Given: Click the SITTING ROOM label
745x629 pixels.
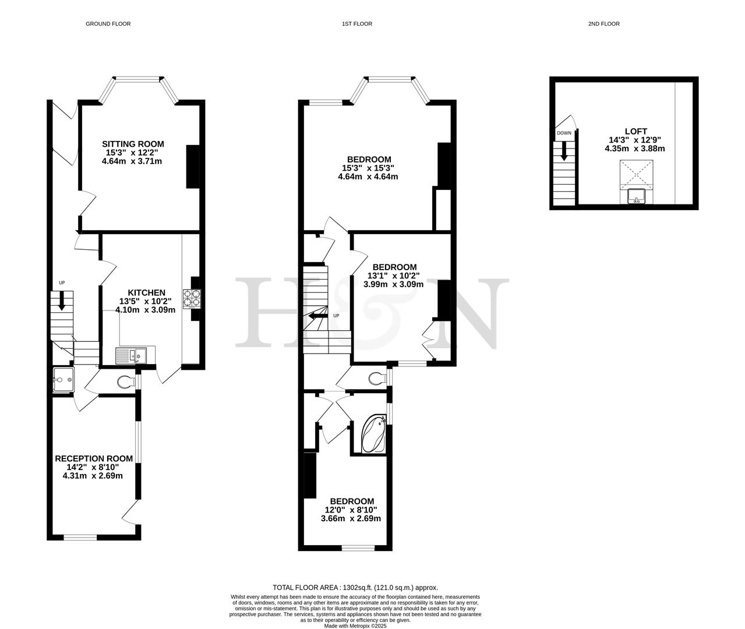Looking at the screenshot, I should pyautogui.click(x=133, y=144).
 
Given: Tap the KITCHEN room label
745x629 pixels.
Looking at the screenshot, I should pyautogui.click(x=146, y=292).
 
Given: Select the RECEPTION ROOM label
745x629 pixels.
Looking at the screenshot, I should pyautogui.click(x=94, y=458).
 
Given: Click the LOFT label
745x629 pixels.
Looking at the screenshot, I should pyautogui.click(x=635, y=132).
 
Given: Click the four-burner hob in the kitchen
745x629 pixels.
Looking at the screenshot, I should pyautogui.click(x=192, y=298).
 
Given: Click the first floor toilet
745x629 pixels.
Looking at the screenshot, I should pyautogui.click(x=377, y=379).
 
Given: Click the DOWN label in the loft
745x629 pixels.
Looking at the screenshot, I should pyautogui.click(x=564, y=133).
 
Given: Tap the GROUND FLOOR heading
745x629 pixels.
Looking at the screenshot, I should pyautogui.click(x=108, y=24).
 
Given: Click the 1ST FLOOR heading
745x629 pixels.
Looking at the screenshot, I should pyautogui.click(x=356, y=24).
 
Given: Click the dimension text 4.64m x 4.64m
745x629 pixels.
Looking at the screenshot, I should pyautogui.click(x=368, y=176).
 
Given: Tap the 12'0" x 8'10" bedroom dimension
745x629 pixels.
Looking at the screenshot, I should pyautogui.click(x=352, y=510).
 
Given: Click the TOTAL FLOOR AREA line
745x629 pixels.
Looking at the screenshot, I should pyautogui.click(x=355, y=588).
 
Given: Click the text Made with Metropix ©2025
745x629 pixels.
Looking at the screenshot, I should pyautogui.click(x=355, y=626).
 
